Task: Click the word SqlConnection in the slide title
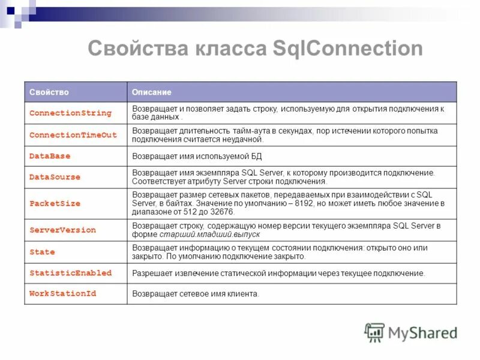(x=347, y=49)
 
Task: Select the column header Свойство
(x=49, y=92)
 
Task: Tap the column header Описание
(x=152, y=92)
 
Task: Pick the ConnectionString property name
(x=70, y=113)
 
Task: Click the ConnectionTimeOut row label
(x=73, y=135)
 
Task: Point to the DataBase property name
(x=50, y=156)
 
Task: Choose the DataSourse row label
(x=55, y=177)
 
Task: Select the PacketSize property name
(x=55, y=203)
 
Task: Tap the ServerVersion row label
(x=62, y=230)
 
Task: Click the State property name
(x=42, y=252)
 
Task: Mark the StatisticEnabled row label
(x=70, y=273)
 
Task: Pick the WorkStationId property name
(x=62, y=294)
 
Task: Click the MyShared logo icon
(x=374, y=332)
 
